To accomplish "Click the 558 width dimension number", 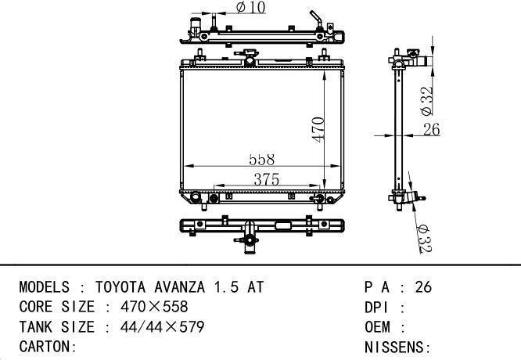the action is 262,160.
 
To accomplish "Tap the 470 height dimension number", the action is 318,130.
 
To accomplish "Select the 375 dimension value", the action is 267,179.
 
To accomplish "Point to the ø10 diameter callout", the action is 251,7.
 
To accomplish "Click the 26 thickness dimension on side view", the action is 432,129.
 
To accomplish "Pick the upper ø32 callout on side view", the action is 426,101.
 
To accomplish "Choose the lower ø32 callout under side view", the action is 424,239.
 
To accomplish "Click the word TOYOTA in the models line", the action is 120,287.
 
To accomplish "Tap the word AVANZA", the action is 179,287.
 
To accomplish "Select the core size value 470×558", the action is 154,307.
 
